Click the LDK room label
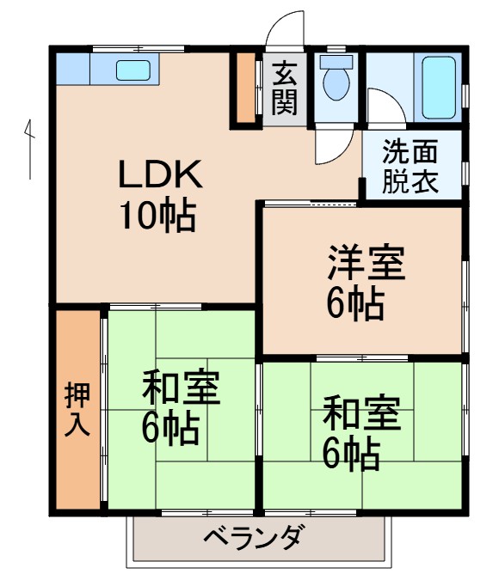point(160,175)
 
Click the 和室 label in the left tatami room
point(181,388)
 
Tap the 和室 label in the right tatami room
point(361,416)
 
